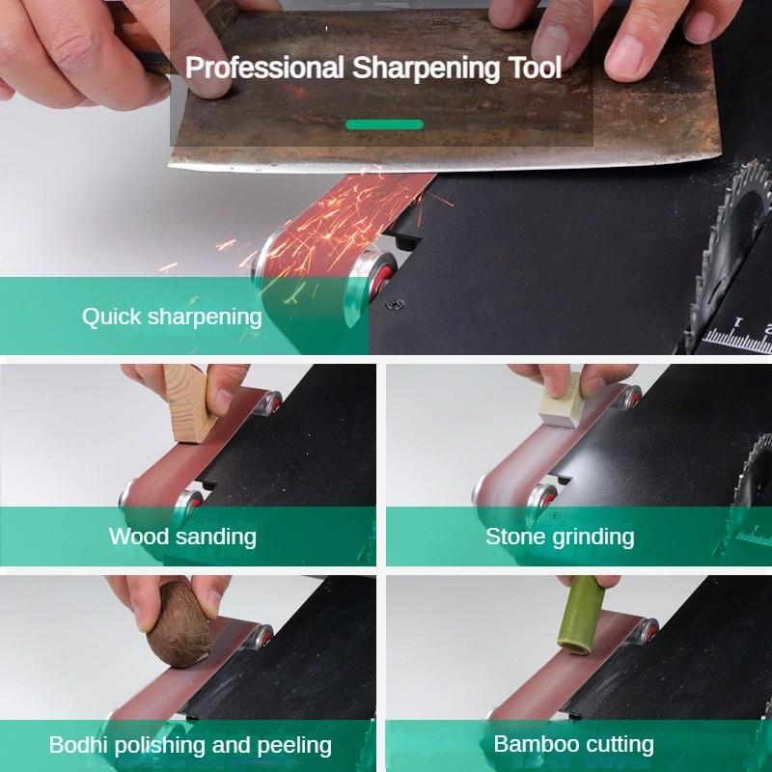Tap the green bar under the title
click(384, 124)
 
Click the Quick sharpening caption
click(172, 317)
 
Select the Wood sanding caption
click(182, 536)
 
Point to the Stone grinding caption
click(560, 536)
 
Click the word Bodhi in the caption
click(78, 745)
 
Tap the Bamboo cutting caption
click(573, 744)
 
